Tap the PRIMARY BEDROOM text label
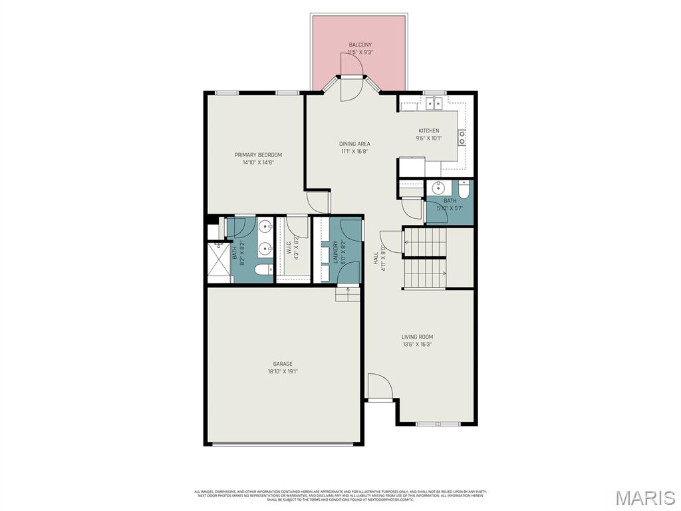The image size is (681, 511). pos(258,155)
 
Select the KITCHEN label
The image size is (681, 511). pos(428,131)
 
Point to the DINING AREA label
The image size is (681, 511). pos(354,144)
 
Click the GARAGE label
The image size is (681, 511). pos(283,364)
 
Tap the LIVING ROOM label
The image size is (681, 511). pos(417,337)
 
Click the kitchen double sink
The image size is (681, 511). pos(435,103)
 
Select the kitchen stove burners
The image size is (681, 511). pos(462,138)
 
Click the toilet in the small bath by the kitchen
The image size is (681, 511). pos(464,189)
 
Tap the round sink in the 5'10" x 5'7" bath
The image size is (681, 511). pos(438,187)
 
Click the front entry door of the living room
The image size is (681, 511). pos(380,387)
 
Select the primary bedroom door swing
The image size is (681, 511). pos(318,202)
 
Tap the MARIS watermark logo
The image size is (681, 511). pos(645,498)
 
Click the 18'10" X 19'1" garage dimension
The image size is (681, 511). pos(283,372)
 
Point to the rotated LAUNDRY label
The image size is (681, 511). pos(336,252)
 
